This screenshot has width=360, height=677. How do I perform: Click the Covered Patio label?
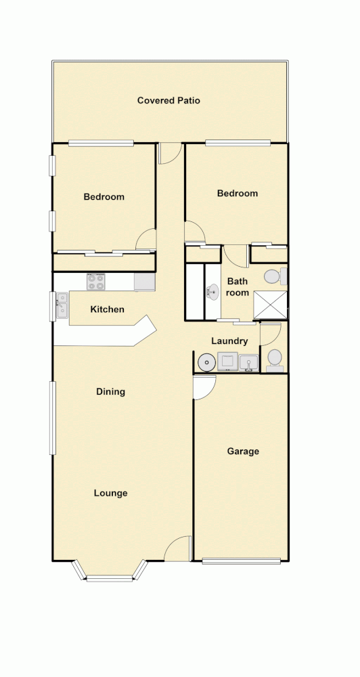click(x=168, y=101)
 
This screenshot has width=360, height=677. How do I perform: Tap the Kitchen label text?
click(x=108, y=309)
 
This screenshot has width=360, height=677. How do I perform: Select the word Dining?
click(x=110, y=392)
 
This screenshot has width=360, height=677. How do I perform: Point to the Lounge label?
click(x=110, y=494)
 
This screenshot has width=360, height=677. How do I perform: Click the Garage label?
click(x=243, y=452)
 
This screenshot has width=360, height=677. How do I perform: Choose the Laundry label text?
click(x=229, y=341)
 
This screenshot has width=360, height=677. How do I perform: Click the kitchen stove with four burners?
click(x=95, y=281)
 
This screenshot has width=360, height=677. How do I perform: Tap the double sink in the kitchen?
click(x=62, y=305)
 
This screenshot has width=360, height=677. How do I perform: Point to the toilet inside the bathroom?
click(x=273, y=276)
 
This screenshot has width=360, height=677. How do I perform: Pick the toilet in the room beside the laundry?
click(x=275, y=359)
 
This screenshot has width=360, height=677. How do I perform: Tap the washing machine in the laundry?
click(x=227, y=362)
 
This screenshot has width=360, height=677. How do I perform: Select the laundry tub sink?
click(x=248, y=362)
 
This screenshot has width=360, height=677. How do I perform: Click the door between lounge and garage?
click(x=204, y=388)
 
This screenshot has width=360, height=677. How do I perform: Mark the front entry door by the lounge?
click(x=178, y=548)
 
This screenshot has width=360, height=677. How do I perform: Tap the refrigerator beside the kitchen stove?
click(x=144, y=281)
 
